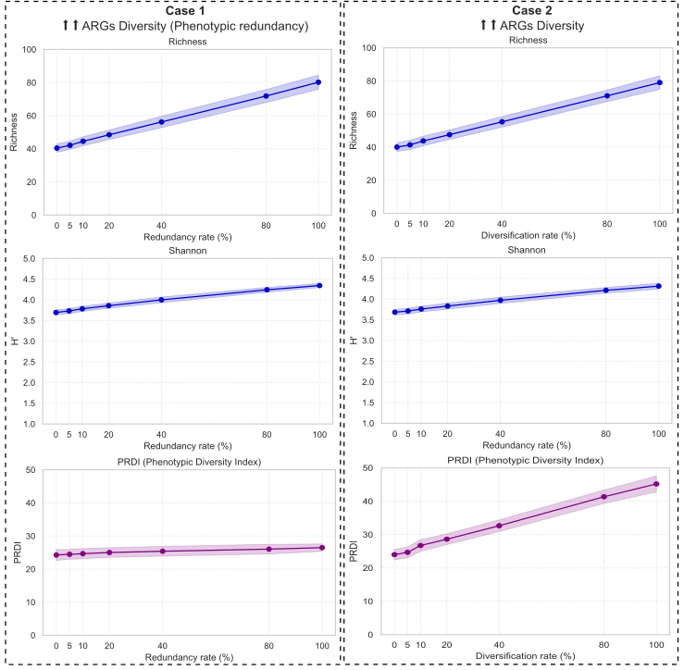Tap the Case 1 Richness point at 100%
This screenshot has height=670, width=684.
(318, 82)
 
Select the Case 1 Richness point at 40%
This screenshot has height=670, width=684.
(161, 122)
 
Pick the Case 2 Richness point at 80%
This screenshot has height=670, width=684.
(607, 96)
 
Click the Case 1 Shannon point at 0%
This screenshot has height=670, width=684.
(56, 313)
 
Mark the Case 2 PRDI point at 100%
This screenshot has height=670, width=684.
(656, 484)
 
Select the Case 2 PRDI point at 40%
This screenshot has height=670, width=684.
(500, 526)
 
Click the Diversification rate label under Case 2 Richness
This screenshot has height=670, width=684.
(528, 236)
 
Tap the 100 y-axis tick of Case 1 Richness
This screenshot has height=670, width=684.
(27, 49)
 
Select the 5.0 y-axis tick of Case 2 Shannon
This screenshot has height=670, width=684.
(368, 258)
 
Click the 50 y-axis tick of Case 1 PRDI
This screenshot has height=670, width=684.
(30, 470)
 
